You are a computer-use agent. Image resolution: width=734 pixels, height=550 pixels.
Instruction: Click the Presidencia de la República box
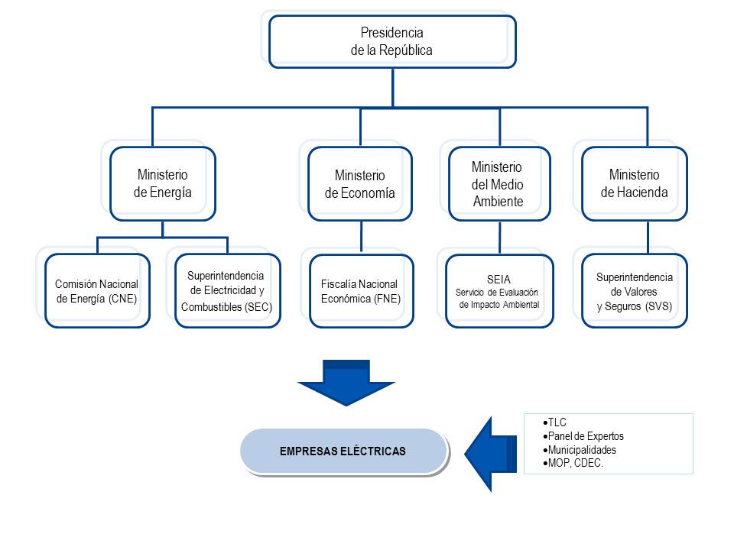[391, 42]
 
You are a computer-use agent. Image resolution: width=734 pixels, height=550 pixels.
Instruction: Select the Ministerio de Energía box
[162, 183]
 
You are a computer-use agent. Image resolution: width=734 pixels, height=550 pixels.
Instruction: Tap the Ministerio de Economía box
[360, 184]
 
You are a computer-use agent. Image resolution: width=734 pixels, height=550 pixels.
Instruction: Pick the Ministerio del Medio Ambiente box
[498, 184]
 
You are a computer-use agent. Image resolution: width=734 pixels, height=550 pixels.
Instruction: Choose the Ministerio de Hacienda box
[634, 184]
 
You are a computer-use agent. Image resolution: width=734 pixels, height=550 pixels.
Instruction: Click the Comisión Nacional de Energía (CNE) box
[97, 291]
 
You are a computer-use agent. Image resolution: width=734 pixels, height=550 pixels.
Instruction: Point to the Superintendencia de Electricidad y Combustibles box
[227, 291]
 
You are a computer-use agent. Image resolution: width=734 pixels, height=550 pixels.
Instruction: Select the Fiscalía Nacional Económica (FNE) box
[361, 291]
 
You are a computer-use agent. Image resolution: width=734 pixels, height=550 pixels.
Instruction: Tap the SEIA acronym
[499, 280]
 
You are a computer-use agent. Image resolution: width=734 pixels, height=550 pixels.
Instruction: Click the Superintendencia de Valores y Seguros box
[634, 291]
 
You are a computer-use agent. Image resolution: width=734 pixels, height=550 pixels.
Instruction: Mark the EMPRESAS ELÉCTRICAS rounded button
[343, 451]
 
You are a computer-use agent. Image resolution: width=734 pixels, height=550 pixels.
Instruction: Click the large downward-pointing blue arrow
[346, 382]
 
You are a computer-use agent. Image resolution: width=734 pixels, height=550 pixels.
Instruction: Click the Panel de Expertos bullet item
[586, 436]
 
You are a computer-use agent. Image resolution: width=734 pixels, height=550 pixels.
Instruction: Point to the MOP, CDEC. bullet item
[575, 464]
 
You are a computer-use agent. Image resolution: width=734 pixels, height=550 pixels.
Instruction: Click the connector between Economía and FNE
[361, 237]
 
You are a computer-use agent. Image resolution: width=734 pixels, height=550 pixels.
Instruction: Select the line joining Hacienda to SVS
[648, 237]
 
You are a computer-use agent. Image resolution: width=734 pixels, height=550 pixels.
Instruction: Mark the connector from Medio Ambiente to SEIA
[499, 237]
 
